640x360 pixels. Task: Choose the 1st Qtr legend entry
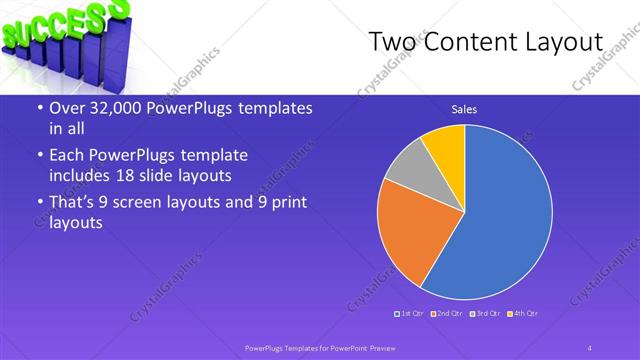click(412, 314)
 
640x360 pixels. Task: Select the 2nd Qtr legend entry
click(451, 314)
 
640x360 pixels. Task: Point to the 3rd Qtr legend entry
click(488, 314)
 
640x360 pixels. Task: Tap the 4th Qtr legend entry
click(525, 314)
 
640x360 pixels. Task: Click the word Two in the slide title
click(394, 43)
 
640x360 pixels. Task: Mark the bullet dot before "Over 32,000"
click(37, 109)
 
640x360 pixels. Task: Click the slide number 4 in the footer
click(590, 347)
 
